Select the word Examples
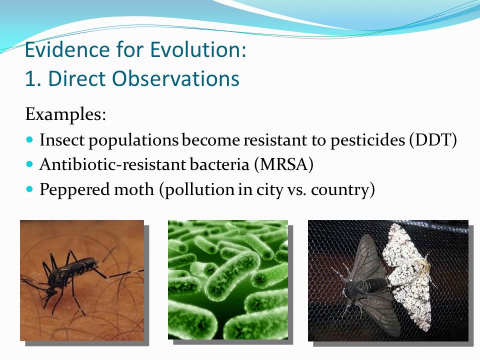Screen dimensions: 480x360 point(65,115)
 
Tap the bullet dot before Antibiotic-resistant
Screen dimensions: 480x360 point(29,164)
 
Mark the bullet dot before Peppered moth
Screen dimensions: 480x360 point(29,189)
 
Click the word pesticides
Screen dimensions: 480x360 point(367,140)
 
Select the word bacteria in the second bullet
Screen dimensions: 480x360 point(219,164)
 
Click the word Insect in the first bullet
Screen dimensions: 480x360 point(62,140)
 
